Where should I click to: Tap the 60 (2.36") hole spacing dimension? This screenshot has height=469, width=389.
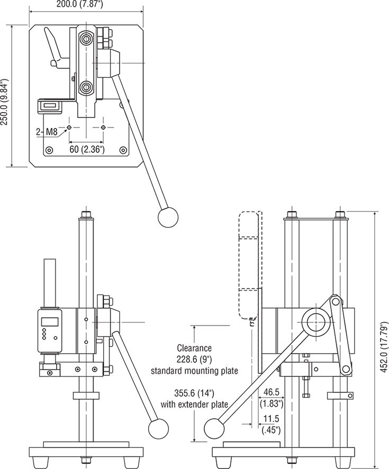click(87, 150)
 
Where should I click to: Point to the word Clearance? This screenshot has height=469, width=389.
click(195, 348)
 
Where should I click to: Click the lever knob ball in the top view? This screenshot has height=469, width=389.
click(169, 216)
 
